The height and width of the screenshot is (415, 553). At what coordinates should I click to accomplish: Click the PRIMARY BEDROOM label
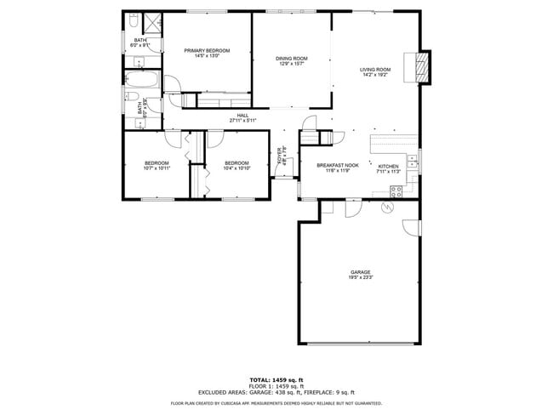click(208, 51)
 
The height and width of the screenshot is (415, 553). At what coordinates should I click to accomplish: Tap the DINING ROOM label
click(291, 59)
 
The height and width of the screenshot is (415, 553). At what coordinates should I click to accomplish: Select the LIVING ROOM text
click(375, 70)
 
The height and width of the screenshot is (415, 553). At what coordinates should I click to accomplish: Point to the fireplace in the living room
click(423, 67)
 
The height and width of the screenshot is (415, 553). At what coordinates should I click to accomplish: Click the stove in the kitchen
click(395, 191)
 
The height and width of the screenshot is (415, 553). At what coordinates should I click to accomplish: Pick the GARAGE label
click(359, 272)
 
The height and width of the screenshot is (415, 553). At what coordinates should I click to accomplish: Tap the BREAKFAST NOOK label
click(337, 166)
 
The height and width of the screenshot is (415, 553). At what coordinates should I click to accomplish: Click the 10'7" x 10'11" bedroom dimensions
click(157, 168)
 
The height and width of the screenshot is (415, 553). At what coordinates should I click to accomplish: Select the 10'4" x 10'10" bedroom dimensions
click(237, 168)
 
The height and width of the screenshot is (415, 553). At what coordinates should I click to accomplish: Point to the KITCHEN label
click(388, 166)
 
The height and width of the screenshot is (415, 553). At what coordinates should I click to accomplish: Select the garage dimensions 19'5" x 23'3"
click(359, 278)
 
